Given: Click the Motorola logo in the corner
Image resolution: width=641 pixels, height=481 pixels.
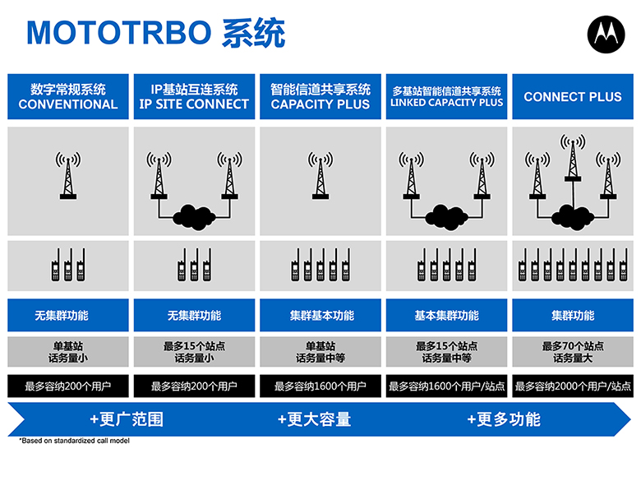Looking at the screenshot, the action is pos(606,35).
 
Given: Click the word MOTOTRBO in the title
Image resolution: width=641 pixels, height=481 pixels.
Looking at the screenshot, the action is pos(118,33).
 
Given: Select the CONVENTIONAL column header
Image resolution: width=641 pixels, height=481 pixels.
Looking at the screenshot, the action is pos(68,96).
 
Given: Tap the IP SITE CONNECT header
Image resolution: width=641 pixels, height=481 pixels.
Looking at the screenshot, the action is pos(194,96).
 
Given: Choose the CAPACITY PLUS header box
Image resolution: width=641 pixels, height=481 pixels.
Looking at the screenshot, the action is pos(320,96).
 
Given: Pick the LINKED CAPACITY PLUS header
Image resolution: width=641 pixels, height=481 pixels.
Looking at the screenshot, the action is pos(446,96).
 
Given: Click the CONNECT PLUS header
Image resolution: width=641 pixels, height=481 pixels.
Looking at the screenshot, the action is pos(573,96).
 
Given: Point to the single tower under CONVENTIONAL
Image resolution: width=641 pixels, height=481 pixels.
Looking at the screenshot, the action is pos(68,176).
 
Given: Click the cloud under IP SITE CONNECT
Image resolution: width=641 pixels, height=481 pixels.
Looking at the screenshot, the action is pos(194,217).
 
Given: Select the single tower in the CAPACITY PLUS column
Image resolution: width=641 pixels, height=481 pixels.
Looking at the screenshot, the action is pos(320,176).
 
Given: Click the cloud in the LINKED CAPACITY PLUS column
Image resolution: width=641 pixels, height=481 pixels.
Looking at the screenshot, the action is pos(446,217).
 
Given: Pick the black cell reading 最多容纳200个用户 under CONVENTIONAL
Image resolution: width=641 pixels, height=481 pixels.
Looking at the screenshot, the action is pos(68,386).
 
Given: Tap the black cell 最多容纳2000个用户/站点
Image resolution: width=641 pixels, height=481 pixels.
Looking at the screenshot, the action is pos(573,386).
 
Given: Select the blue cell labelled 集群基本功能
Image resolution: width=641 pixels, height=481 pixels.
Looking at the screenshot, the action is pos(320,315).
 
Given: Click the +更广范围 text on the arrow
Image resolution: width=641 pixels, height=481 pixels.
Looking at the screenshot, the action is pos(127,419).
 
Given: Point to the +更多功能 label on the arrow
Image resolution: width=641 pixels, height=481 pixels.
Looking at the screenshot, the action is pos(504,419).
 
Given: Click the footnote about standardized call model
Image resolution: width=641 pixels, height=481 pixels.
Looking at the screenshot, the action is pos(75,441).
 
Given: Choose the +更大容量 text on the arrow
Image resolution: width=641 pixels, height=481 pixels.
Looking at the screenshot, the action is pos(315,419).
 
